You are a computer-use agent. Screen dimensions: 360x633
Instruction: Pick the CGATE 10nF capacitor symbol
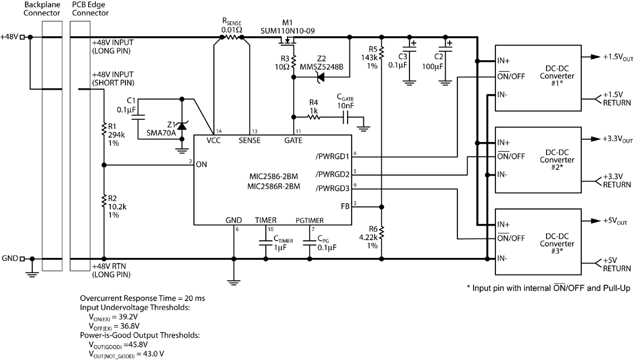(347, 118)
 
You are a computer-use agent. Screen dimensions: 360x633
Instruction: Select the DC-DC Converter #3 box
(538, 243)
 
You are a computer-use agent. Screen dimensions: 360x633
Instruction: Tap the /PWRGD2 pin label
(333, 174)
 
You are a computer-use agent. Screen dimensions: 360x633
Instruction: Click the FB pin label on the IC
(345, 207)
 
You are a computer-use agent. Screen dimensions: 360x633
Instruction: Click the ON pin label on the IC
(202, 165)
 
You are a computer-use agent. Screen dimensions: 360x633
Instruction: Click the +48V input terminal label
(9, 37)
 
